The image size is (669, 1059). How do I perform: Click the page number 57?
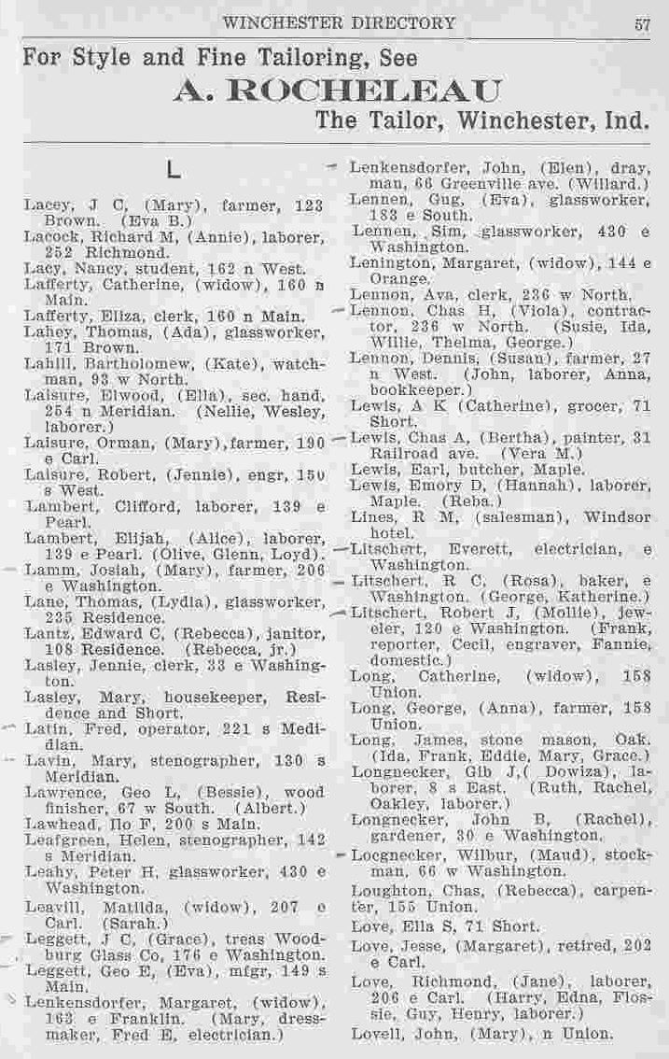(x=642, y=24)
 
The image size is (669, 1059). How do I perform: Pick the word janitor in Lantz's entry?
(x=295, y=634)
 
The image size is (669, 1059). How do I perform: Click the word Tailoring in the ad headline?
(x=295, y=57)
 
